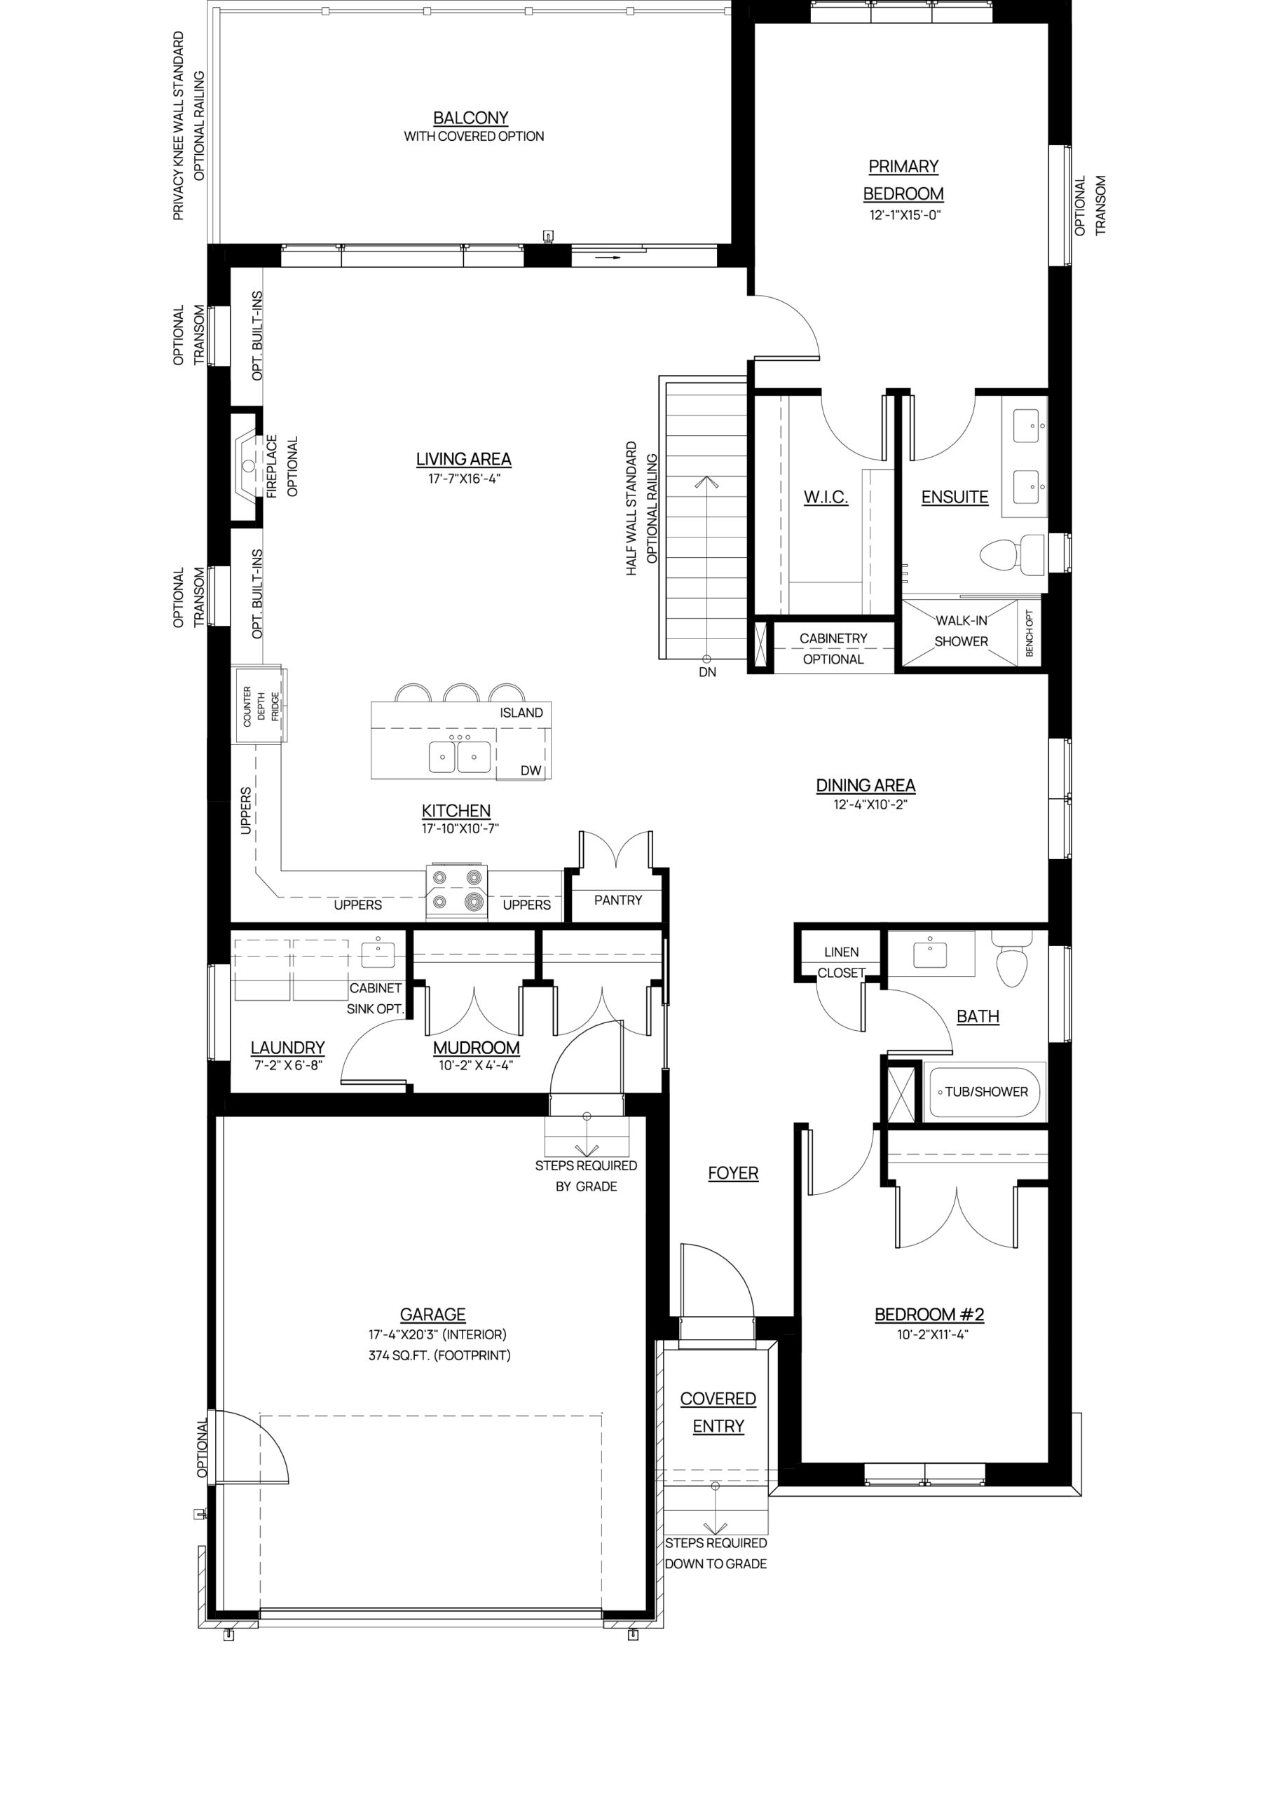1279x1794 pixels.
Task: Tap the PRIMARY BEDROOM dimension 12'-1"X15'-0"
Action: [905, 215]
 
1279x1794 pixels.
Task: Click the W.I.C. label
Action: [826, 497]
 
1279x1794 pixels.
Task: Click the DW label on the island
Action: [531, 770]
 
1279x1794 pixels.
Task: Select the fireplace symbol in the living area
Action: [248, 465]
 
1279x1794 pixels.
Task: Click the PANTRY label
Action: [618, 900]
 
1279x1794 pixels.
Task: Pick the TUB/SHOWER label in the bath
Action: [986, 1092]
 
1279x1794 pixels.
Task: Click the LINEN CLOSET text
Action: [841, 962]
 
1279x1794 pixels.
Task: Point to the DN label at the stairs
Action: [707, 673]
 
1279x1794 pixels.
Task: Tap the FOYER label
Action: [733, 1173]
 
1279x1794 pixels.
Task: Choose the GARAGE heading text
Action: [433, 1315]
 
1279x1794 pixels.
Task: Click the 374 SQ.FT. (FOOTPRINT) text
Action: [439, 1355]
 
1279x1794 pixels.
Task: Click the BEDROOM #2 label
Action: [929, 1315]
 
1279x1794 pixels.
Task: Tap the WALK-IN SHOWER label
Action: [961, 631]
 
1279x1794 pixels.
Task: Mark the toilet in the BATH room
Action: [1012, 959]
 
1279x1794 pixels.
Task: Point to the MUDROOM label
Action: [477, 1048]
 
